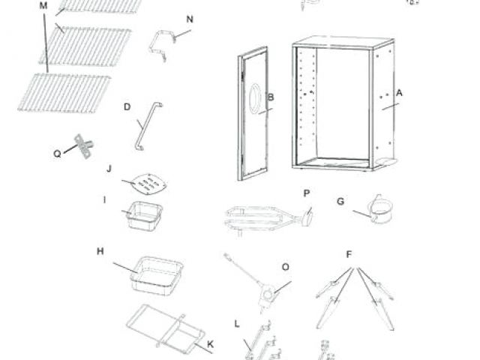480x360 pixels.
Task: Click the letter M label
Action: point(43,5)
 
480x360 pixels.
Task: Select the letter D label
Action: point(127,106)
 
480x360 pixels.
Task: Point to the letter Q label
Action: point(57,153)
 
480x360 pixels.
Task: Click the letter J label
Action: point(109,169)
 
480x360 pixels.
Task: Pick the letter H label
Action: point(100,251)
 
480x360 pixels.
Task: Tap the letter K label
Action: point(210,345)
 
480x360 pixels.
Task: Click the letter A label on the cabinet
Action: point(400,93)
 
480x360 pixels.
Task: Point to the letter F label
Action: point(349,253)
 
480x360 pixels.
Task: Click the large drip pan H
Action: point(157,271)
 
